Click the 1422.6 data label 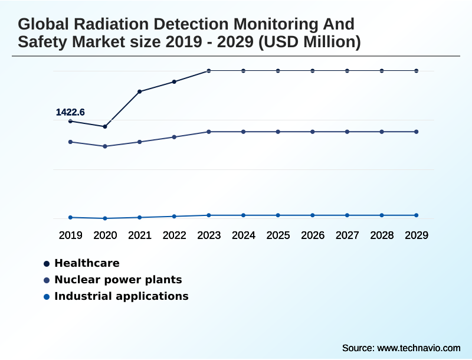pos(70,112)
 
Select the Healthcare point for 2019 pos(71,121)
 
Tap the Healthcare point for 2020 pos(105,126)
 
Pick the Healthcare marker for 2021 pos(140,91)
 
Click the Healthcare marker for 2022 pos(174,81)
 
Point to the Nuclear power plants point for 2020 pos(105,146)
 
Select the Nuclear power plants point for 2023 pos(209,132)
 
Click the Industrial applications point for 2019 pos(71,217)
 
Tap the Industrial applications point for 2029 pos(417,215)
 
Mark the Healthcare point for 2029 pos(417,71)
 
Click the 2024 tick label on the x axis pos(243,235)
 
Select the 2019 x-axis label pos(71,235)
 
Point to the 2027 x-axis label pos(347,235)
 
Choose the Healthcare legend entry pos(87,263)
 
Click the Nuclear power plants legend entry pos(117,280)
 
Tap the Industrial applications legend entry pos(121,296)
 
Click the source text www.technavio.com pos(418,348)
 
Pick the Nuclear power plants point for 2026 pos(313,132)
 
